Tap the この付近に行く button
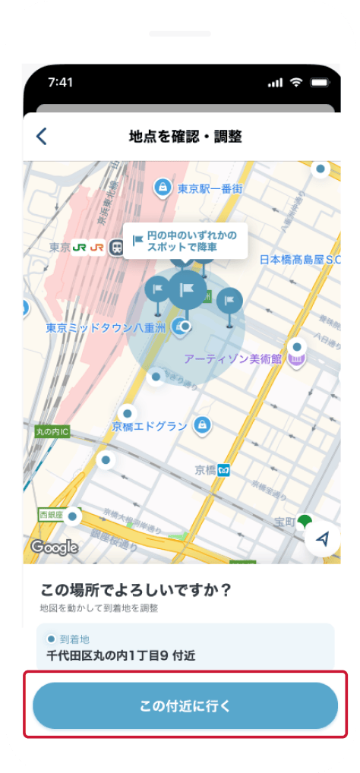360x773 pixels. pos(185,705)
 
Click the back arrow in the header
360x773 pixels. pos(42,137)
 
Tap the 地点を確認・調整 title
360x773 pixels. pos(185,137)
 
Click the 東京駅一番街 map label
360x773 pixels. pos(209,188)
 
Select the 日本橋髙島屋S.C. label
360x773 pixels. pos(302,259)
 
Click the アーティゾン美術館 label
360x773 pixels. pos(232,358)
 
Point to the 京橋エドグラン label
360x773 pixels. pos(149,426)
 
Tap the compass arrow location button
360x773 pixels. pos(323,538)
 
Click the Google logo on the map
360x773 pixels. pos(55,546)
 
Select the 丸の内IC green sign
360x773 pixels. pos(52,431)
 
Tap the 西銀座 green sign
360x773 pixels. pos(49,514)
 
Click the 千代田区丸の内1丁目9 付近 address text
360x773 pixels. pos(121,655)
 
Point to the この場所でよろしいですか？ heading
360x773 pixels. pos(135,589)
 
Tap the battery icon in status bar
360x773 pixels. pos(319,82)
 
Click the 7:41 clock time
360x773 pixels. pos(60,82)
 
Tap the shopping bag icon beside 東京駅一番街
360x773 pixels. pos(162,187)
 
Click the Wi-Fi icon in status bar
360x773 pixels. pos(296,82)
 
